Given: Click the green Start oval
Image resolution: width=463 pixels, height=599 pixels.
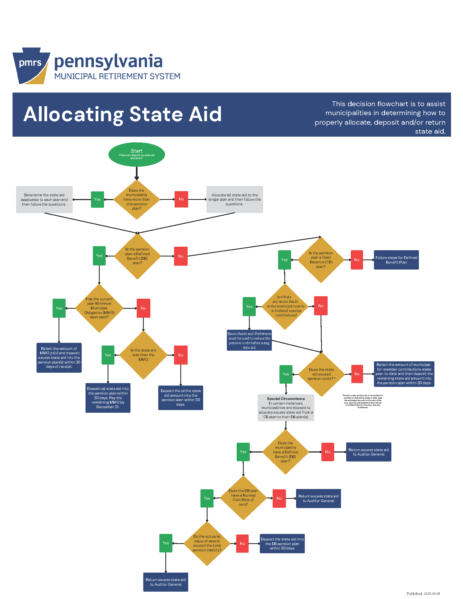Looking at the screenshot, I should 137,154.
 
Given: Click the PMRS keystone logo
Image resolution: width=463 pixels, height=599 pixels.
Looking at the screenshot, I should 31,66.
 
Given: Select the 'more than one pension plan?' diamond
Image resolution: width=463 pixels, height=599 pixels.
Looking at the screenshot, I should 137,199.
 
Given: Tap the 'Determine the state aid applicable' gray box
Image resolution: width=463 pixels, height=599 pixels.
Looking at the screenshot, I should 44,199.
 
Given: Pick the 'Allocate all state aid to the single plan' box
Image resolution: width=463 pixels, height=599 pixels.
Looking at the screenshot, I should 234,199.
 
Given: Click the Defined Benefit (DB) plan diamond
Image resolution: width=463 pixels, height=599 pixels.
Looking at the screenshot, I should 137,256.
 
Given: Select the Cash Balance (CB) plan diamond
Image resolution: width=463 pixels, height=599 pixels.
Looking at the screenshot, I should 321,259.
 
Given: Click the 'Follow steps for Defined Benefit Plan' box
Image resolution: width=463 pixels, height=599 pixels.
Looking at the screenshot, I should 396,260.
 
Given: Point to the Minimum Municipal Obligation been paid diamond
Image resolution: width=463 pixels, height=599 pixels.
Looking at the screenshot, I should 99,308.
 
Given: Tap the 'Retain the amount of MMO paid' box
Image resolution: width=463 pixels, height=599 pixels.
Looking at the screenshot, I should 59,357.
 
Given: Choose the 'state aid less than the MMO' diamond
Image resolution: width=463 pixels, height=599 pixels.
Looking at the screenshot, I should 143,355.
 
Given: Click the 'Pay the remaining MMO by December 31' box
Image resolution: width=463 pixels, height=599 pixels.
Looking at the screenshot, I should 108,398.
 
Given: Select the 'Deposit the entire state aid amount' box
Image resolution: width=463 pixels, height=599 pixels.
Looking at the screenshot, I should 181,398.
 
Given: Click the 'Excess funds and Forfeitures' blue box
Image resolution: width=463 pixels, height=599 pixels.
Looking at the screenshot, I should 249,340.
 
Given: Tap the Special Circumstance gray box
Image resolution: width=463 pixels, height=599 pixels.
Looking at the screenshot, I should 286,408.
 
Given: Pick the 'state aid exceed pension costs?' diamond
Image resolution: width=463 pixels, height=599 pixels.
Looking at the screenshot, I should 321,374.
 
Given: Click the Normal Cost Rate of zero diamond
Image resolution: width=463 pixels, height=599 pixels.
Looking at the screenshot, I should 243,497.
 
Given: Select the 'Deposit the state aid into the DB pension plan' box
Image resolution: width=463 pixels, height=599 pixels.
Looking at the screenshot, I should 282,543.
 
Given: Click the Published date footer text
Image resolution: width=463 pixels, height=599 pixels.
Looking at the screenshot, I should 423,594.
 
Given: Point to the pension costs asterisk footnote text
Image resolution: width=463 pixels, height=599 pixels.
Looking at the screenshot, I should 362,401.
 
